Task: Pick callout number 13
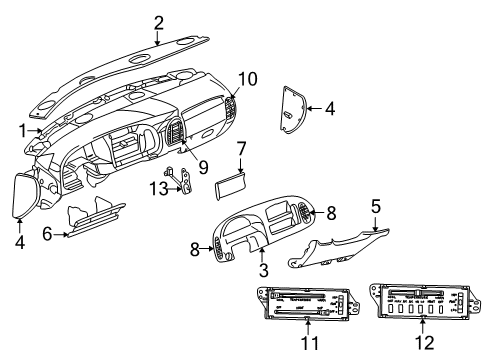(156, 188)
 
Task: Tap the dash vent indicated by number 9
(179, 131)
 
